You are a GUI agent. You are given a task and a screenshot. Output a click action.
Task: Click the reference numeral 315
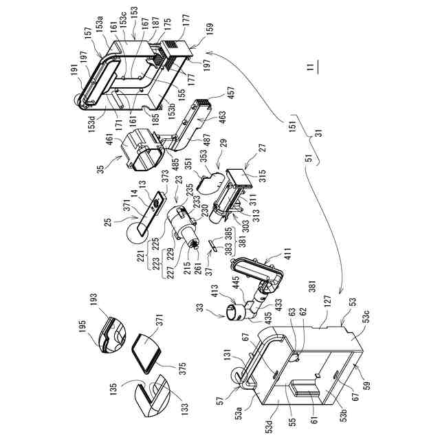(261, 173)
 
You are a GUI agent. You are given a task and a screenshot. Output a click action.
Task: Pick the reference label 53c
(365, 324)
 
